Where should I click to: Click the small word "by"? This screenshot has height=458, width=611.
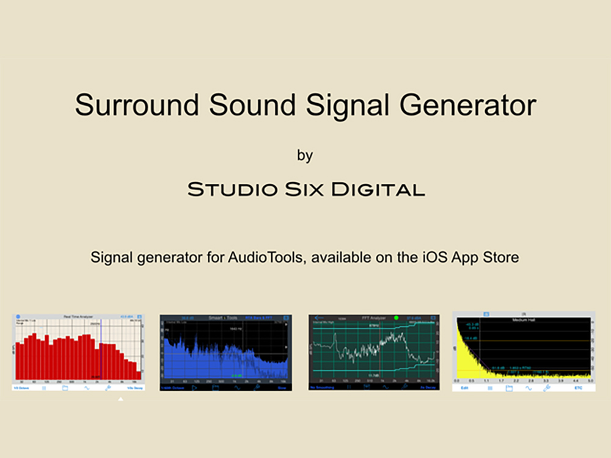305,156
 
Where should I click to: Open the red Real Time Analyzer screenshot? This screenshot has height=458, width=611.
78,352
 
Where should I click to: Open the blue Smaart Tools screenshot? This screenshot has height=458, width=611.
225,352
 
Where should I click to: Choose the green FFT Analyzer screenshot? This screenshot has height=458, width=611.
374,352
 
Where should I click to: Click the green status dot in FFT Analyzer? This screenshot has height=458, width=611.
396,318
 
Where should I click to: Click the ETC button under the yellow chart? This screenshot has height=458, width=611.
578,388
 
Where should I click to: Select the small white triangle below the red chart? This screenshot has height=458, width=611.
121,399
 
